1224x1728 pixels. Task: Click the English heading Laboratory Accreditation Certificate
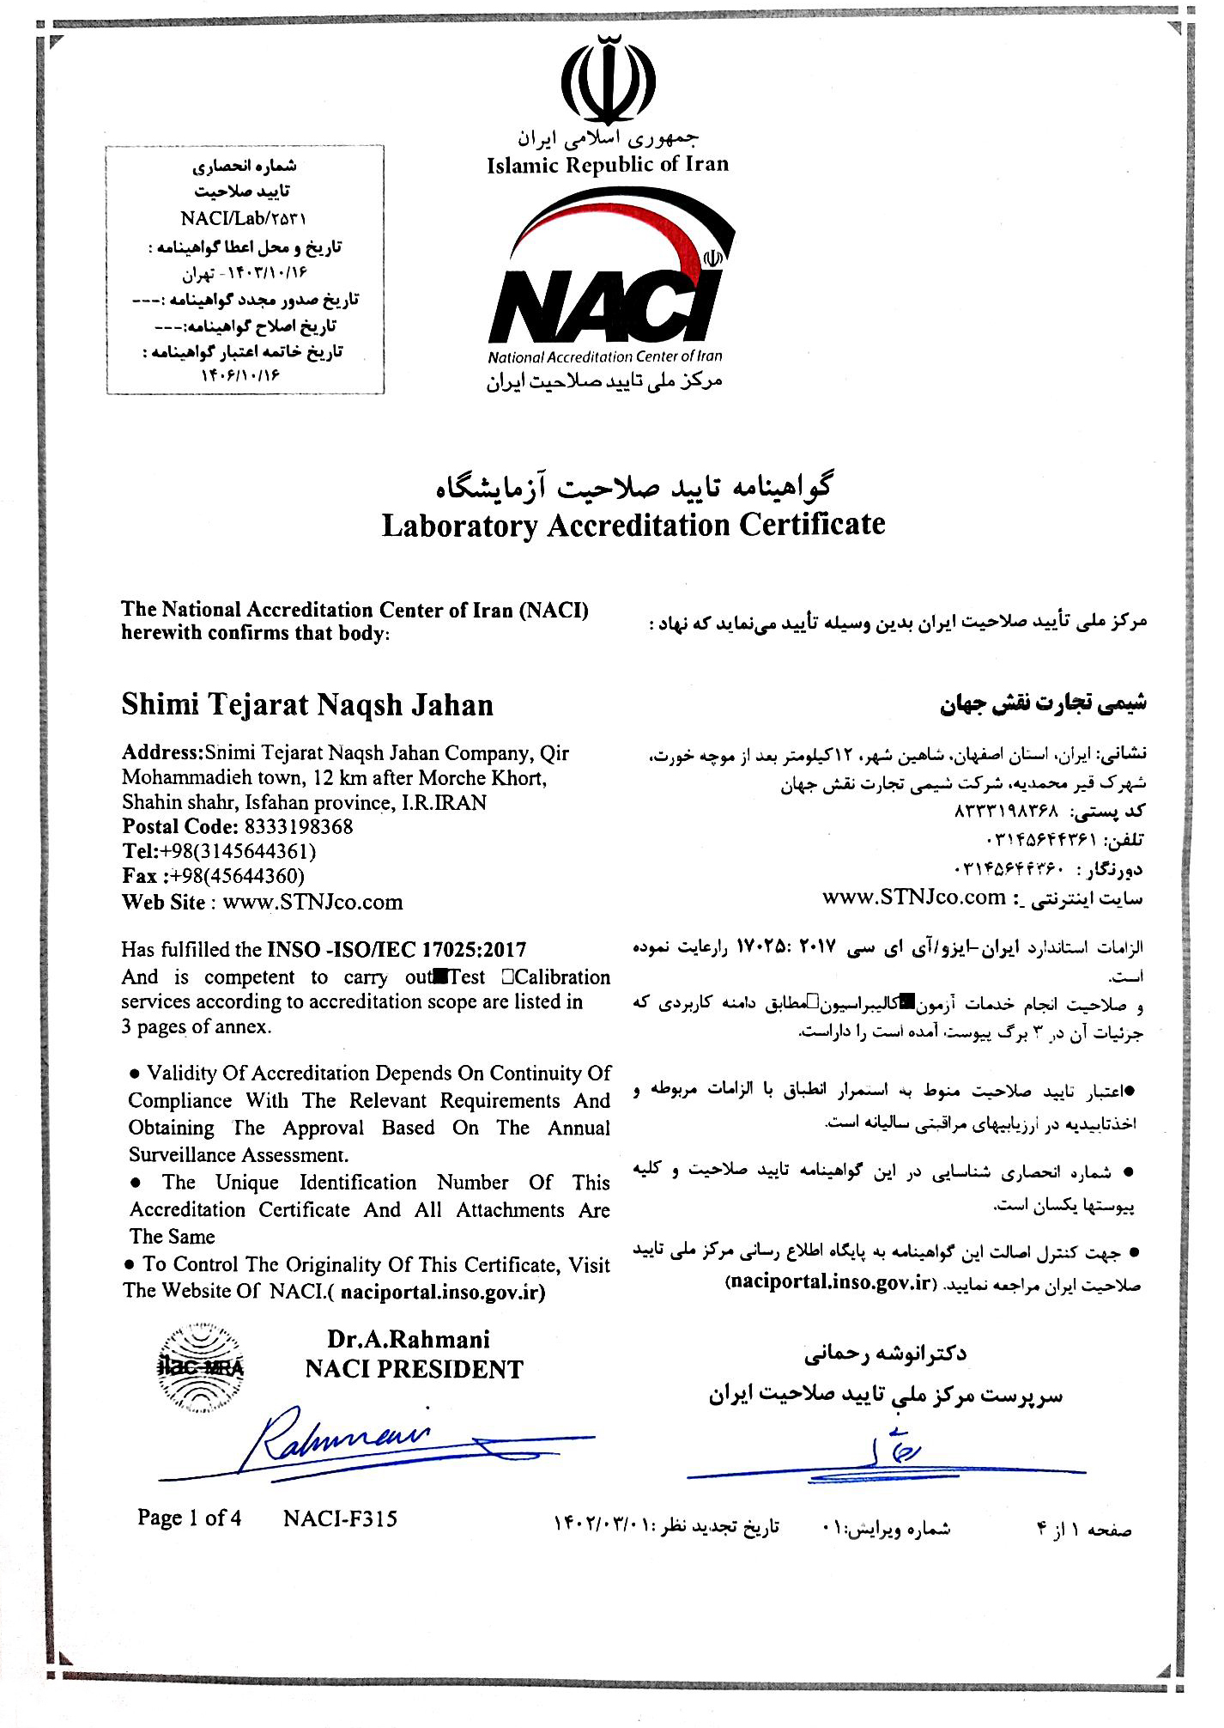(633, 525)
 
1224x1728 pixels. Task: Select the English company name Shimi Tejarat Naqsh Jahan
(307, 705)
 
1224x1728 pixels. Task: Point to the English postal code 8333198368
(298, 827)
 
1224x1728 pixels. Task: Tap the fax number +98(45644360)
(237, 876)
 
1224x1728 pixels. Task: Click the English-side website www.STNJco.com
(312, 902)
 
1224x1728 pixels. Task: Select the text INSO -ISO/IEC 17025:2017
(397, 950)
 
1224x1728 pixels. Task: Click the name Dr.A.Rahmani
(409, 1340)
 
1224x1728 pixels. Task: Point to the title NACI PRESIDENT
(414, 1369)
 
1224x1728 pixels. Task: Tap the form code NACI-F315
(340, 1519)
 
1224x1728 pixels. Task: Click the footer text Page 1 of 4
(189, 1518)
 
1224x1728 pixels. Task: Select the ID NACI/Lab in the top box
(243, 219)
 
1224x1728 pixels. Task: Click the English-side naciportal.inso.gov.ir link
(442, 1292)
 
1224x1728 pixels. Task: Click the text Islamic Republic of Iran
(608, 165)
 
